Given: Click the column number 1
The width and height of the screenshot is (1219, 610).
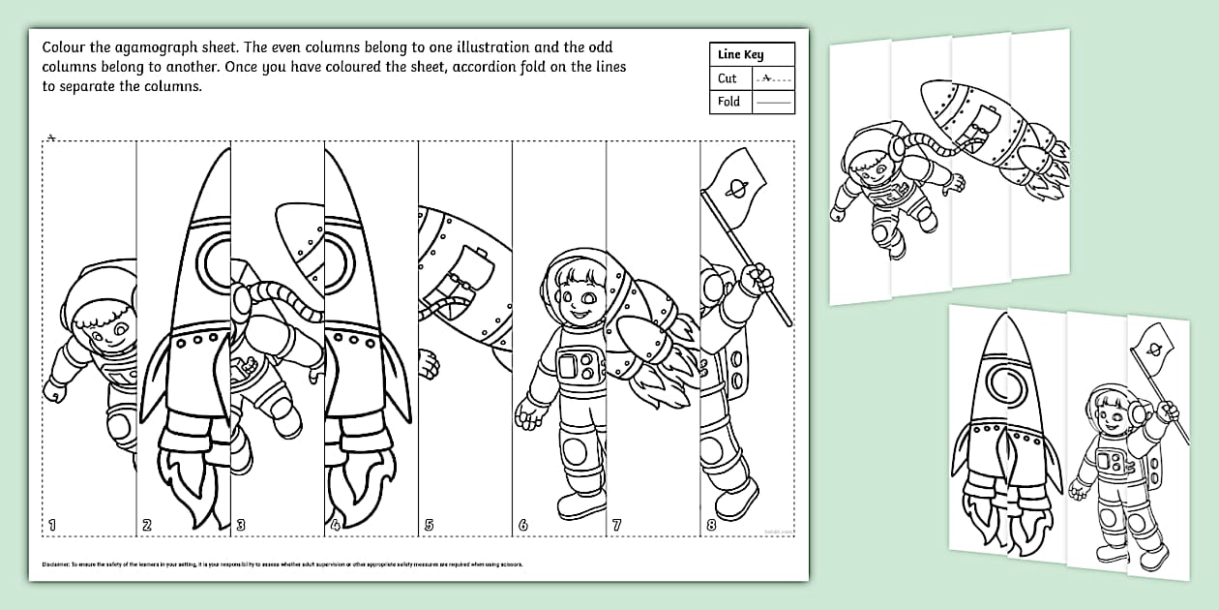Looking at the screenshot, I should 52,525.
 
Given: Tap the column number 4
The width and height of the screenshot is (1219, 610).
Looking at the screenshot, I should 334,526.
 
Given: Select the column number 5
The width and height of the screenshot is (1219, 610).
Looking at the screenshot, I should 429,526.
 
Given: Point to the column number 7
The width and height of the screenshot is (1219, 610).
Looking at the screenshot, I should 616,526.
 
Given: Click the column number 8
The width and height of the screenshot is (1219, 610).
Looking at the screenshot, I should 710,526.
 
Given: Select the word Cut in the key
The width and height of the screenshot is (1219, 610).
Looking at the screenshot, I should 728,78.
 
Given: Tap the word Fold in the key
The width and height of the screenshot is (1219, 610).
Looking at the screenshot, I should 728,101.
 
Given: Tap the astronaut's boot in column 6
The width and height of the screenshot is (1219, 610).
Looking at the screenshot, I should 578,505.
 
